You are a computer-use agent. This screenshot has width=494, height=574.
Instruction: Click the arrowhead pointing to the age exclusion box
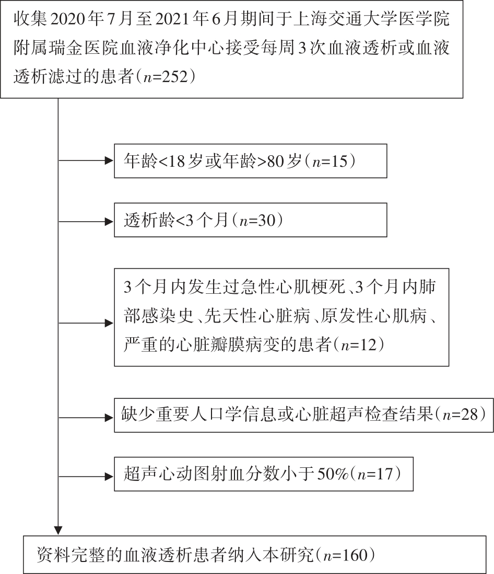pyautogui.click(x=109, y=160)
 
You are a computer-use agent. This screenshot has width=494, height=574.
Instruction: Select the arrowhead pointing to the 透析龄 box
pyautogui.click(x=109, y=222)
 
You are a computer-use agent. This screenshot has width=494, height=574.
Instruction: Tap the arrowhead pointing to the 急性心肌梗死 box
pyautogui.click(x=109, y=323)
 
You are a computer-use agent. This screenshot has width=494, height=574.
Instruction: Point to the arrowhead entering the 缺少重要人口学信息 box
pyautogui.click(x=109, y=418)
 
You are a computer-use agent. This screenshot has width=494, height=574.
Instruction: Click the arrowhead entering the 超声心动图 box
pyautogui.click(x=109, y=477)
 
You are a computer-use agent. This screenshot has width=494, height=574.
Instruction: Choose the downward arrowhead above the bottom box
pyautogui.click(x=58, y=531)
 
